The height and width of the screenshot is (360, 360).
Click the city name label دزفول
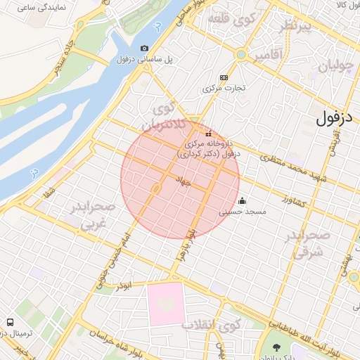pos(333,117)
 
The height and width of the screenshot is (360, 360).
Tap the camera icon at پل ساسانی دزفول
pos(144,48)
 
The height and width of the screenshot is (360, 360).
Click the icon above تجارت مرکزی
pos(224,77)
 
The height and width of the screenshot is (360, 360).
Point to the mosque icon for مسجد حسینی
pos(242,199)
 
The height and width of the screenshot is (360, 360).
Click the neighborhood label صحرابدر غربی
pos(92,216)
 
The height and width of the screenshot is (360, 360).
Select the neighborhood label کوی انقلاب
pos(211,326)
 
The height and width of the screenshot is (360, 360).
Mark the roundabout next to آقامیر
pos(242,53)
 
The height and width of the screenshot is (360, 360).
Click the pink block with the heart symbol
pos(166,304)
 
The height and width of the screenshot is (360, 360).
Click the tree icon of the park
pos(276,347)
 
